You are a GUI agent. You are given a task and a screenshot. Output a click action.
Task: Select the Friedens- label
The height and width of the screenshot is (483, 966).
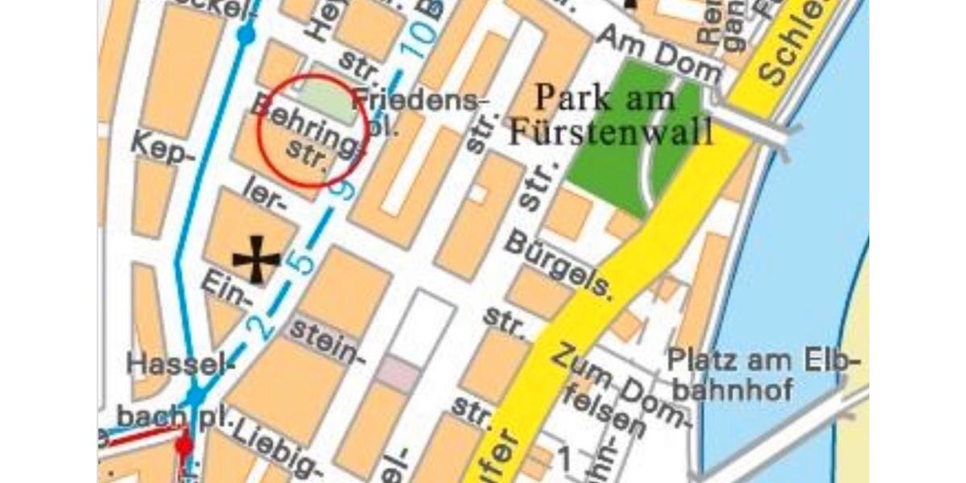[421, 101]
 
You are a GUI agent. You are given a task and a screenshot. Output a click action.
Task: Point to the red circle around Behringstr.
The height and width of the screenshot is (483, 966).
[313, 131]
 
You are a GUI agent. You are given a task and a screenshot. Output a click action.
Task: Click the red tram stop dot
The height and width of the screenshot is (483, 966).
[184, 444]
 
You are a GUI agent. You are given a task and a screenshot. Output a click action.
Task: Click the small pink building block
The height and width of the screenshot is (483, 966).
[399, 373]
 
